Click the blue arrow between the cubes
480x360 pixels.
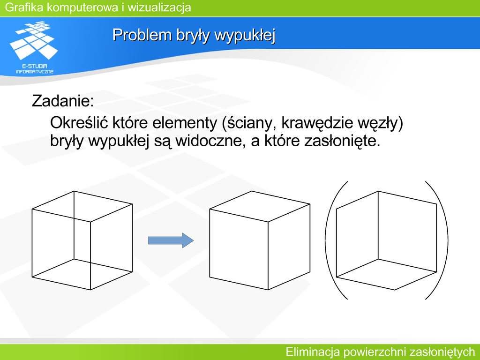coord(171,240)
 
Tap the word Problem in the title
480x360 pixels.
coord(142,35)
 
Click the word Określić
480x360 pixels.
coord(79,123)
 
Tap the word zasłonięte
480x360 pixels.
coord(342,142)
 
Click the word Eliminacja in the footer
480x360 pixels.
coord(312,352)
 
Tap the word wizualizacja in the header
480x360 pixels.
coord(159,7)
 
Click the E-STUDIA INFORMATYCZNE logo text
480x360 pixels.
coord(35,68)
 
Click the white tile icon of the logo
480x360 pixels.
coord(34,40)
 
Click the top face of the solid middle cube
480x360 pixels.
coord(260,206)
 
